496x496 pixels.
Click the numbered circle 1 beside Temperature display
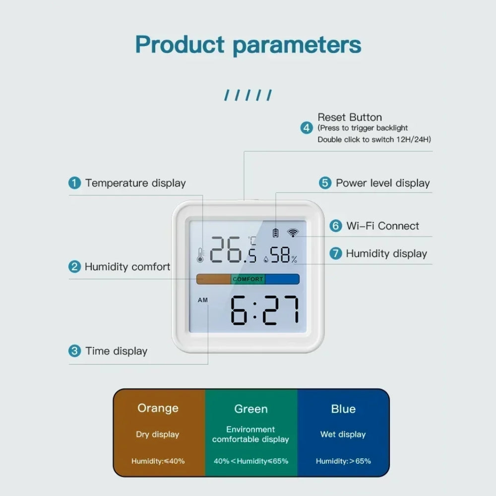(74, 183)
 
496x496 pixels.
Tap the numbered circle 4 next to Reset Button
(307, 128)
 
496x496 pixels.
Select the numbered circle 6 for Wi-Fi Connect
(336, 226)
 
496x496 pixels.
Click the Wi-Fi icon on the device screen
(293, 233)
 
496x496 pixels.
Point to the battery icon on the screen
(276, 233)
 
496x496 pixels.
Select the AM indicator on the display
(203, 300)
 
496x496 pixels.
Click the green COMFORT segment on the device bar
(248, 279)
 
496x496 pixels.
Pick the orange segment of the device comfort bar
(214, 279)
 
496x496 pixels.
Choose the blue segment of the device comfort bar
(282, 279)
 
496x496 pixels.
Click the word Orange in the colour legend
(158, 408)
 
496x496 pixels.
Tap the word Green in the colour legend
(251, 409)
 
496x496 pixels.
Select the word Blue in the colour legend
(343, 409)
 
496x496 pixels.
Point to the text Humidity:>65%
(343, 461)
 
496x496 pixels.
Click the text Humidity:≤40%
(158, 461)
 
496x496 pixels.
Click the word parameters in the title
(297, 45)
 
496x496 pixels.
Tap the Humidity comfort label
(127, 267)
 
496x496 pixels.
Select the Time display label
(117, 351)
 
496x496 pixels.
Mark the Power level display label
(382, 183)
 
